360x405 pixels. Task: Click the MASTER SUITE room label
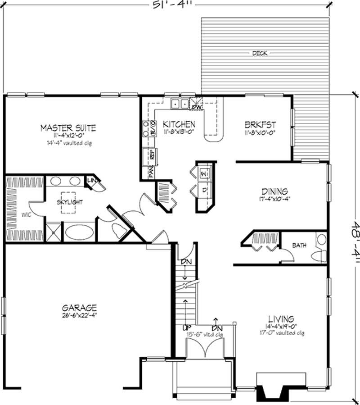click(68, 128)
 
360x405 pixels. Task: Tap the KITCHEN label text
click(179, 124)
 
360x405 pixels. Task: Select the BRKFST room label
click(260, 124)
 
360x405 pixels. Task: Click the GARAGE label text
click(79, 308)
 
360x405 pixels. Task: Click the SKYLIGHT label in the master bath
click(69, 202)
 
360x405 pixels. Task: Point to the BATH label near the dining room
click(299, 246)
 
